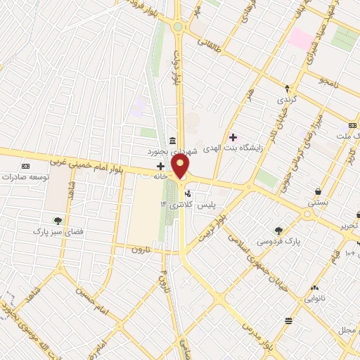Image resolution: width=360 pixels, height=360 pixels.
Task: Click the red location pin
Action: click(181, 167)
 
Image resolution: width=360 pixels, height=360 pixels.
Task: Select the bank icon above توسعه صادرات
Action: click(26, 166)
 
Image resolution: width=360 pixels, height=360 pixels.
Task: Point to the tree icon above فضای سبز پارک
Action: click(58, 220)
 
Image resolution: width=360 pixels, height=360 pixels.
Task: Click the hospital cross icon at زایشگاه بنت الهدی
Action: click(233, 137)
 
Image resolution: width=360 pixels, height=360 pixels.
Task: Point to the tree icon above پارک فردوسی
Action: click(279, 230)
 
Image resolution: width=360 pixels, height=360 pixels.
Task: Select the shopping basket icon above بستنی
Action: click(319, 191)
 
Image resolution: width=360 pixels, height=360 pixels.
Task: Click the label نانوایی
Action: click(314, 298)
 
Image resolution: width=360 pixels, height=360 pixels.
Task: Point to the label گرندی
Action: click(288, 99)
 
